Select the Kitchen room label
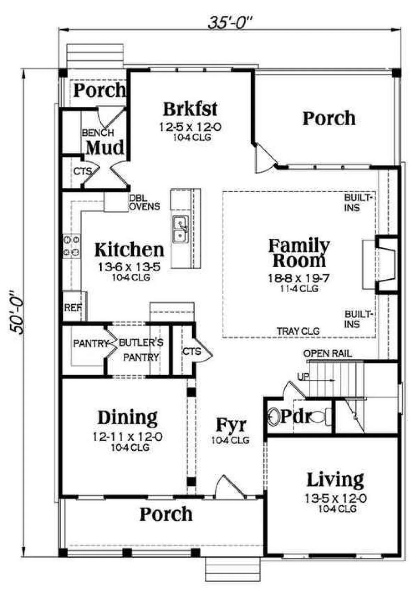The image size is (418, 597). pyautogui.click(x=129, y=250)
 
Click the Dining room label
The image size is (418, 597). pyautogui.click(x=127, y=418)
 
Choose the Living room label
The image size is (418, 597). pyautogui.click(x=335, y=480)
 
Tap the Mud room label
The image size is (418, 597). pyautogui.click(x=105, y=148)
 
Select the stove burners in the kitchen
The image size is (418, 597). pyautogui.click(x=71, y=246)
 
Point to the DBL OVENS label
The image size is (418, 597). pyautogui.click(x=144, y=202)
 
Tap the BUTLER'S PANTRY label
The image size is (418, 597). pyautogui.click(x=141, y=350)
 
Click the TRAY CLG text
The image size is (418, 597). pyautogui.click(x=299, y=331)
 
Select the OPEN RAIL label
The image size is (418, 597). pyautogui.click(x=327, y=353)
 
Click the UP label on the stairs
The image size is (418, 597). pyautogui.click(x=303, y=376)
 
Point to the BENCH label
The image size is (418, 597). pyautogui.click(x=98, y=133)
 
